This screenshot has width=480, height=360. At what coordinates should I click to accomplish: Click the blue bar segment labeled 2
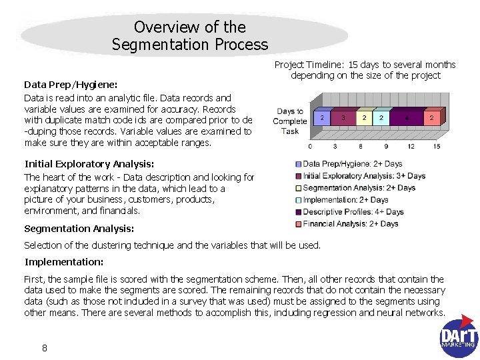coord(323,118)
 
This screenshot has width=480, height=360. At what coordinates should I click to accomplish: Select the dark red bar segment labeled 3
coord(343,118)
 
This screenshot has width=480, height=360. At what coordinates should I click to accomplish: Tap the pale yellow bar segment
coord(364,118)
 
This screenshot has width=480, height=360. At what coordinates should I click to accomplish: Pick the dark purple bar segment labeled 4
coord(407,118)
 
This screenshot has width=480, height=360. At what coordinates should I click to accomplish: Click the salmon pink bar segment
coord(432,118)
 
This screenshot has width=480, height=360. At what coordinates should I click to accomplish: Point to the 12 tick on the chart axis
coord(411,146)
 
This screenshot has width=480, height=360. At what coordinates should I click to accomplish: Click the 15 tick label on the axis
coord(436,146)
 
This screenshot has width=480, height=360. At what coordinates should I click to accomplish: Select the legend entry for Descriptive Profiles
coord(349,212)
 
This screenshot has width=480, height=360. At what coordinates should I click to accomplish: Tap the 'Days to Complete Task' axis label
coord(290,121)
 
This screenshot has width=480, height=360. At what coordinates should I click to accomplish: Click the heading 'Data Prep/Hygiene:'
coord(71,85)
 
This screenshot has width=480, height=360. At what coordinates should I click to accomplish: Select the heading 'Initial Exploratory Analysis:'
coord(89,164)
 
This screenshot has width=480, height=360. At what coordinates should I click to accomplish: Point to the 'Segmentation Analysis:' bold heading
coord(79,229)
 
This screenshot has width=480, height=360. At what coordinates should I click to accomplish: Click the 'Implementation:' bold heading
coord(64,262)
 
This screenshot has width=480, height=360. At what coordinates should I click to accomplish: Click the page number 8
coord(44,347)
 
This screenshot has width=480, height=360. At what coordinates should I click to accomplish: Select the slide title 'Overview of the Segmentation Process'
coord(190,36)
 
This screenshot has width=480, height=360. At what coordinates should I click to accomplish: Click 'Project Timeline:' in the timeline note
coord(307,65)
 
